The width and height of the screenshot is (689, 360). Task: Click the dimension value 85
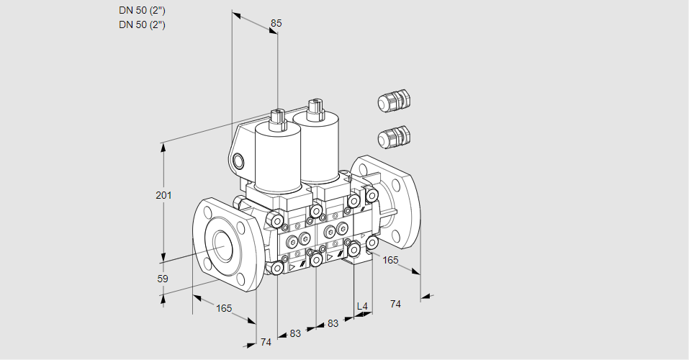tap(276, 23)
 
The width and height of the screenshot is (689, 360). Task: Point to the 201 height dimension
tap(163, 195)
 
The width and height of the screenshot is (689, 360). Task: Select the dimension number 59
tap(163, 279)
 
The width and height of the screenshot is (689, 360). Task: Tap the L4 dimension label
tap(362, 306)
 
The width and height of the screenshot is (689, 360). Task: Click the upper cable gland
tap(394, 101)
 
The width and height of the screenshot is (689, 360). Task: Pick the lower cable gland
tap(394, 137)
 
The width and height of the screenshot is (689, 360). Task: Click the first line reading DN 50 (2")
tap(142, 11)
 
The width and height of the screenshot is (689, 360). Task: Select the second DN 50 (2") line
tap(142, 24)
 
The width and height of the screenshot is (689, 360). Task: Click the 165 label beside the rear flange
tap(390, 260)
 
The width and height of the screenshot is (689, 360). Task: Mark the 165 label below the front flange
tap(224, 309)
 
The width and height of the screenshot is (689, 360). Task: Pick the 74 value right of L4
tap(395, 304)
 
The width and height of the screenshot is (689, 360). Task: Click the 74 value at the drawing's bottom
tap(266, 342)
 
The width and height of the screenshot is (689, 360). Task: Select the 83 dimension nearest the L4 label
tap(333, 323)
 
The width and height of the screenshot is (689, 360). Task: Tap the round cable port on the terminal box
tap(238, 161)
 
